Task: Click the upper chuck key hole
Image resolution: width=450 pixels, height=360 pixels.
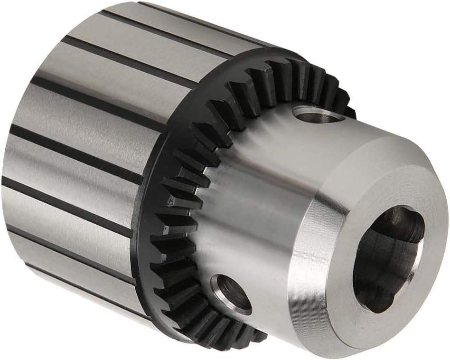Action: (x=317, y=114)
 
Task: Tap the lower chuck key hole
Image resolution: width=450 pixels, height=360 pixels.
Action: (x=231, y=294)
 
